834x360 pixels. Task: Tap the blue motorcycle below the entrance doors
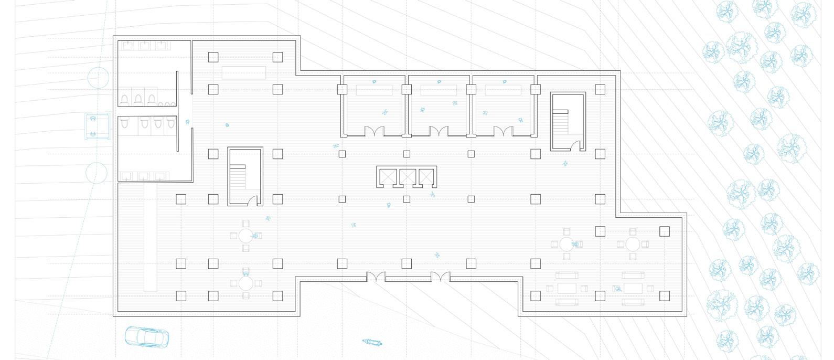(x=373, y=342)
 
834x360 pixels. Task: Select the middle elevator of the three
(x=407, y=177)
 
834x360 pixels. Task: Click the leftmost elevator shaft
(x=387, y=177)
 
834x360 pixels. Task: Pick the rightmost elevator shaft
(x=427, y=177)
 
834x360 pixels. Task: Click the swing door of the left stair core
(x=253, y=200)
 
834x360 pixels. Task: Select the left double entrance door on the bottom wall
(x=376, y=277)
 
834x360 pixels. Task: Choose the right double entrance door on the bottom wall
(x=440, y=277)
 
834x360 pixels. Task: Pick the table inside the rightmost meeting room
(x=504, y=90)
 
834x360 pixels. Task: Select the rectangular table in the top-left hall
(x=244, y=72)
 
